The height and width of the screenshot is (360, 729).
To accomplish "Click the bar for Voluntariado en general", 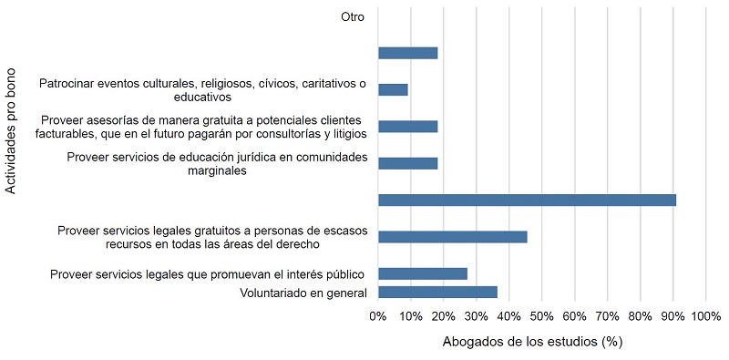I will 437,292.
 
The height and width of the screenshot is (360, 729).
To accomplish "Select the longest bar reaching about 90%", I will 527,200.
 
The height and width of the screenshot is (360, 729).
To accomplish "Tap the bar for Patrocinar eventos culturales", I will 393,89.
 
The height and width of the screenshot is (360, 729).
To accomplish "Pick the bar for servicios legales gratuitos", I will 452,237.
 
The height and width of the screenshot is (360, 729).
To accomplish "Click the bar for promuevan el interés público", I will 422,273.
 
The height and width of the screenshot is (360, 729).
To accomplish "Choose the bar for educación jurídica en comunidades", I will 407,163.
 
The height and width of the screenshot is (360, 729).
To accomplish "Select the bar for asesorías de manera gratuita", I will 407,127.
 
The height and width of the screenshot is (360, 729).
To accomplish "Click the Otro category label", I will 354,15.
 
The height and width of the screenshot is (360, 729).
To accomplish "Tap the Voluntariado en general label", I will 303,293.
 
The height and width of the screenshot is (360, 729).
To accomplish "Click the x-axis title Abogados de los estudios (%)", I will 532,343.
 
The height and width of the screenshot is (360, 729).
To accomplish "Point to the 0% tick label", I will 377,316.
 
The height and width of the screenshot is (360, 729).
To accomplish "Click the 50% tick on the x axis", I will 541,316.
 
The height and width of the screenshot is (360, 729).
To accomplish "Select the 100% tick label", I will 705,316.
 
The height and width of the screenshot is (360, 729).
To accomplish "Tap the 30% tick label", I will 476,316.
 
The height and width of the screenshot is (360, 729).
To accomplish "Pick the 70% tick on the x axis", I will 607,316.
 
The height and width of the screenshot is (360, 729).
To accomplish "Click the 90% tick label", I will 673,316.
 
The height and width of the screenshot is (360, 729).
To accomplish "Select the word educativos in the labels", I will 202,96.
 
